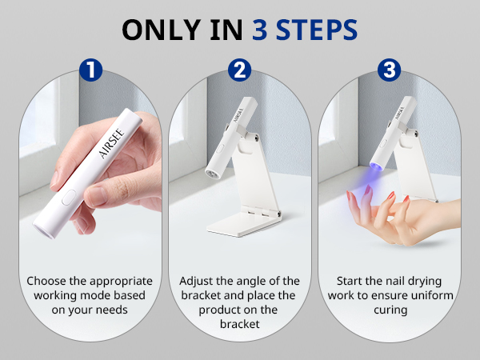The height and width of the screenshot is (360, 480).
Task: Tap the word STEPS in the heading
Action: click(x=314, y=30)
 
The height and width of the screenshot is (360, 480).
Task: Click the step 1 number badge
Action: click(x=92, y=70)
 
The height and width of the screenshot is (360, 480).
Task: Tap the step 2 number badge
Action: click(x=239, y=70)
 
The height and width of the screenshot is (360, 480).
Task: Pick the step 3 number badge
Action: click(x=388, y=70)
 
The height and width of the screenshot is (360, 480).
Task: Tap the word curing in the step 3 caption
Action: click(x=387, y=310)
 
